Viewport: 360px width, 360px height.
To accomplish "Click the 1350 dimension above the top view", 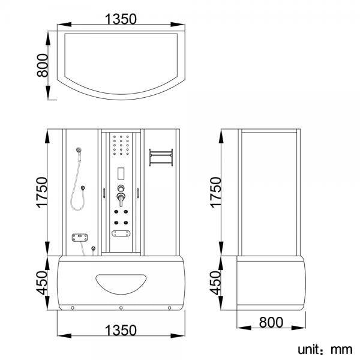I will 121,19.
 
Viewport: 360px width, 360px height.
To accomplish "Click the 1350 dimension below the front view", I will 121,330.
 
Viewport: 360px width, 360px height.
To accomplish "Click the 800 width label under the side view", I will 271,323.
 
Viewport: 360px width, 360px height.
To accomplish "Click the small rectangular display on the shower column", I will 121,173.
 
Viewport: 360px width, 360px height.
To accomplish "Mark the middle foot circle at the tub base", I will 121,308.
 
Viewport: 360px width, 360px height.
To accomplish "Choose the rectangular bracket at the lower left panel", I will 78,239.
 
